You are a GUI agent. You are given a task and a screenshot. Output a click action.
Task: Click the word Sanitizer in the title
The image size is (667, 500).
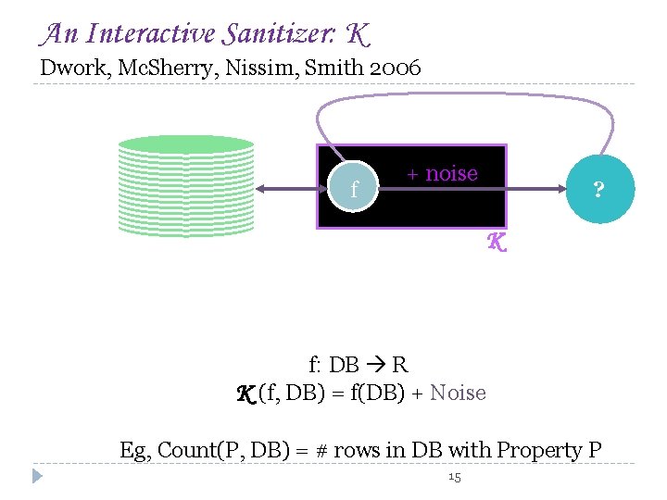[276, 35]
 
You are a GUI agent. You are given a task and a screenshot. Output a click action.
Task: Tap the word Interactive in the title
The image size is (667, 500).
[149, 35]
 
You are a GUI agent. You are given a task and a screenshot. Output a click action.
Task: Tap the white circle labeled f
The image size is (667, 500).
[356, 190]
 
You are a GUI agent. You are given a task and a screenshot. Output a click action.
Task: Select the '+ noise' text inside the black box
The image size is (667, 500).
[443, 173]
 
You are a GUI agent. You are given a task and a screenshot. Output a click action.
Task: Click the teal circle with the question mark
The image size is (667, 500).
[598, 190]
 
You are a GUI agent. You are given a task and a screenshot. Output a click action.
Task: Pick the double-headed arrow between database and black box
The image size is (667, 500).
[286, 190]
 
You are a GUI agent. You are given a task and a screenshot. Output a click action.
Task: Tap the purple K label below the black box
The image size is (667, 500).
[497, 244]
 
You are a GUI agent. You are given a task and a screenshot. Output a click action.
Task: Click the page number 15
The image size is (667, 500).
[454, 477]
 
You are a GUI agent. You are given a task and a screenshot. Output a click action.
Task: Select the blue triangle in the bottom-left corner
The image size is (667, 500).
[37, 477]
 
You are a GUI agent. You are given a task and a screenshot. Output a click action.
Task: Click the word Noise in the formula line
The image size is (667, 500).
[458, 394]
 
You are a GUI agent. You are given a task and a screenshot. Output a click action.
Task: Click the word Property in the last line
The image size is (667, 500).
[542, 451]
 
